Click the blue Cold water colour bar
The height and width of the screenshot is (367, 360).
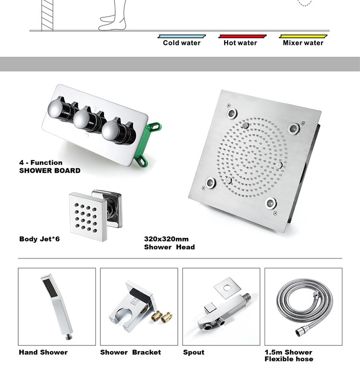click(182, 36)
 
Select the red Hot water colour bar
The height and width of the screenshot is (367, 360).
click(242, 36)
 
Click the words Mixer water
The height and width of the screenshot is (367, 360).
click(303, 43)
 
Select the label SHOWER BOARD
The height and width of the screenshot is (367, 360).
click(50, 171)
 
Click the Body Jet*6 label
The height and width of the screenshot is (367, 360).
click(40, 239)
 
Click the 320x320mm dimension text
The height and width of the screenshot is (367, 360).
click(166, 239)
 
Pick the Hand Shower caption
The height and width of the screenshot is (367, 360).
click(43, 353)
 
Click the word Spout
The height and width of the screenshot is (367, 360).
click(193, 353)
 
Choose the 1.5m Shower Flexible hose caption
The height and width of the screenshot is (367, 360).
click(288, 355)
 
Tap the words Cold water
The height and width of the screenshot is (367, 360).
click(182, 43)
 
